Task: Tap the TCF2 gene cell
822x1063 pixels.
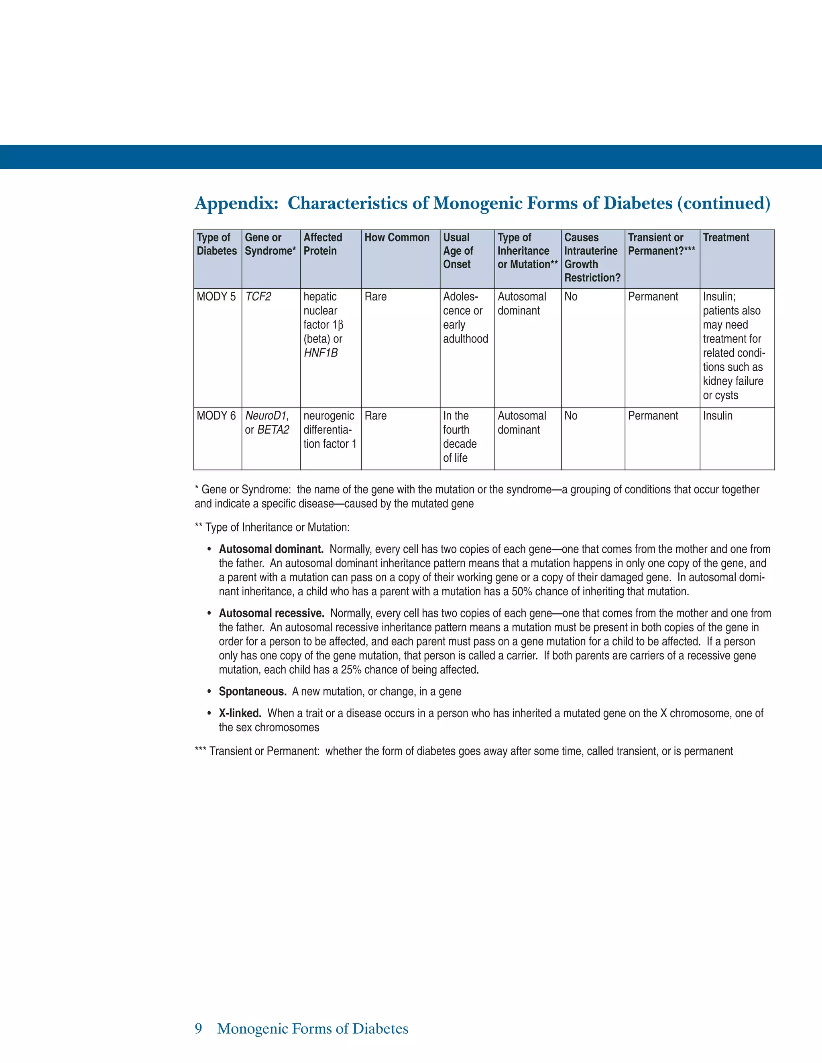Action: coord(258,297)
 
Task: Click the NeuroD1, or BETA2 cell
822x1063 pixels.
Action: coord(267,423)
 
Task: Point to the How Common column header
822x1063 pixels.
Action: coord(397,238)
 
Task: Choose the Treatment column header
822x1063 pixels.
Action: coord(726,238)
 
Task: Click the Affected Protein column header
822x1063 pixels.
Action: coord(322,244)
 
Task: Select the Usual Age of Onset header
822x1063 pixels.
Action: coord(458,251)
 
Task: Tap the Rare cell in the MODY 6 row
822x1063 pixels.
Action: coord(375,416)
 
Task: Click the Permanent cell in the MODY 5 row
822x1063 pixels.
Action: coord(653,297)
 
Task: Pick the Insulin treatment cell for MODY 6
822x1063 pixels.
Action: coord(717,416)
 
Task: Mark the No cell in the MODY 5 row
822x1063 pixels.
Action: coord(570,297)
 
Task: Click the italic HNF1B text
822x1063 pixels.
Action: coord(320,353)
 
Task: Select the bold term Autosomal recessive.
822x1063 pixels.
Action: coord(271,614)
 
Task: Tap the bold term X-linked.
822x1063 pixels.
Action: coord(240,714)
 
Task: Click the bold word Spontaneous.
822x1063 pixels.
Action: coord(252,692)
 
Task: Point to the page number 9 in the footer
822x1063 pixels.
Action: coord(198,1029)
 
